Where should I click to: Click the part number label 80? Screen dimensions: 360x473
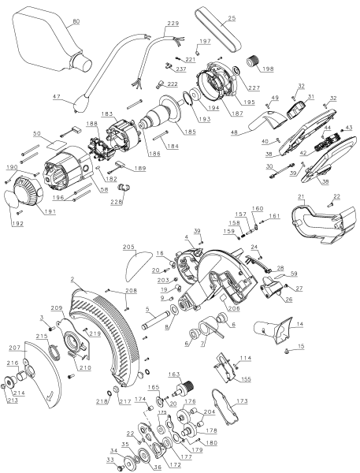coord(76,21)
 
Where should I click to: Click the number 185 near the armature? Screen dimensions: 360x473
coord(191,132)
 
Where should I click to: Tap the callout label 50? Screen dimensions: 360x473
coord(37,133)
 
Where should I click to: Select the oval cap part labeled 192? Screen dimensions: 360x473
coord(12,199)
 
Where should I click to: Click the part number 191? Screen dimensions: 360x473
coord(50,211)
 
